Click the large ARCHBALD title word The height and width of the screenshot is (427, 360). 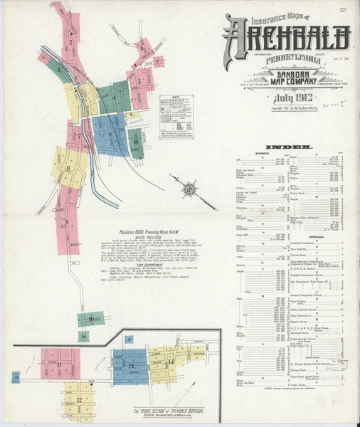287,34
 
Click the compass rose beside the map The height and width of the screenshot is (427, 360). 190,188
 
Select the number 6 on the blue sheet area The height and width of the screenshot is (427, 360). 111,132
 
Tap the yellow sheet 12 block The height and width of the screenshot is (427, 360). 78,399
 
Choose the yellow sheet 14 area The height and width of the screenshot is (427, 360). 171,363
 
